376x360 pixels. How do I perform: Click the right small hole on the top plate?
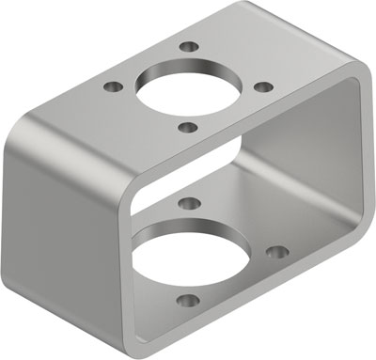click(265, 86)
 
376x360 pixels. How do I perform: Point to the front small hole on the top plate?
click(187, 128)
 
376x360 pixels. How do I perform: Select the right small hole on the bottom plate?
click(276, 252)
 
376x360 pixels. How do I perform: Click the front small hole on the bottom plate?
click(188, 301)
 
